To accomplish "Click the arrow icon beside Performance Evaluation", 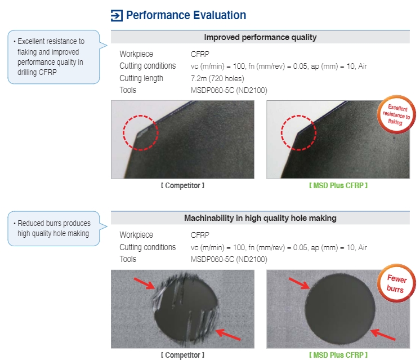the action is click(x=117, y=16).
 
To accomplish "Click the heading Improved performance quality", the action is click(x=260, y=37).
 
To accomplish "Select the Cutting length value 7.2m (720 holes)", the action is click(x=217, y=78).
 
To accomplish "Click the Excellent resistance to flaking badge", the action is click(x=396, y=114).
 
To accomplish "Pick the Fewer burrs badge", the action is click(x=396, y=283).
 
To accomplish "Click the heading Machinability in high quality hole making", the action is click(x=260, y=218).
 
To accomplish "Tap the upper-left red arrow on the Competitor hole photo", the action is click(x=144, y=283).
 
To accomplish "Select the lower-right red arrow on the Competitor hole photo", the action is click(x=228, y=335).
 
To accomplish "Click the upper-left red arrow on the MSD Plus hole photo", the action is click(x=299, y=283).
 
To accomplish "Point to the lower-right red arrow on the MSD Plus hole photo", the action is click(x=383, y=335).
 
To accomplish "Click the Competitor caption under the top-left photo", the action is click(x=182, y=185).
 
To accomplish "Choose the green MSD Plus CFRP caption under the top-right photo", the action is click(x=338, y=185).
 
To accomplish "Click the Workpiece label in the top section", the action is click(x=136, y=54).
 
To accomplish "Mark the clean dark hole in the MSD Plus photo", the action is click(x=340, y=309).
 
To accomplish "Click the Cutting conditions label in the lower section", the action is click(x=148, y=247).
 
